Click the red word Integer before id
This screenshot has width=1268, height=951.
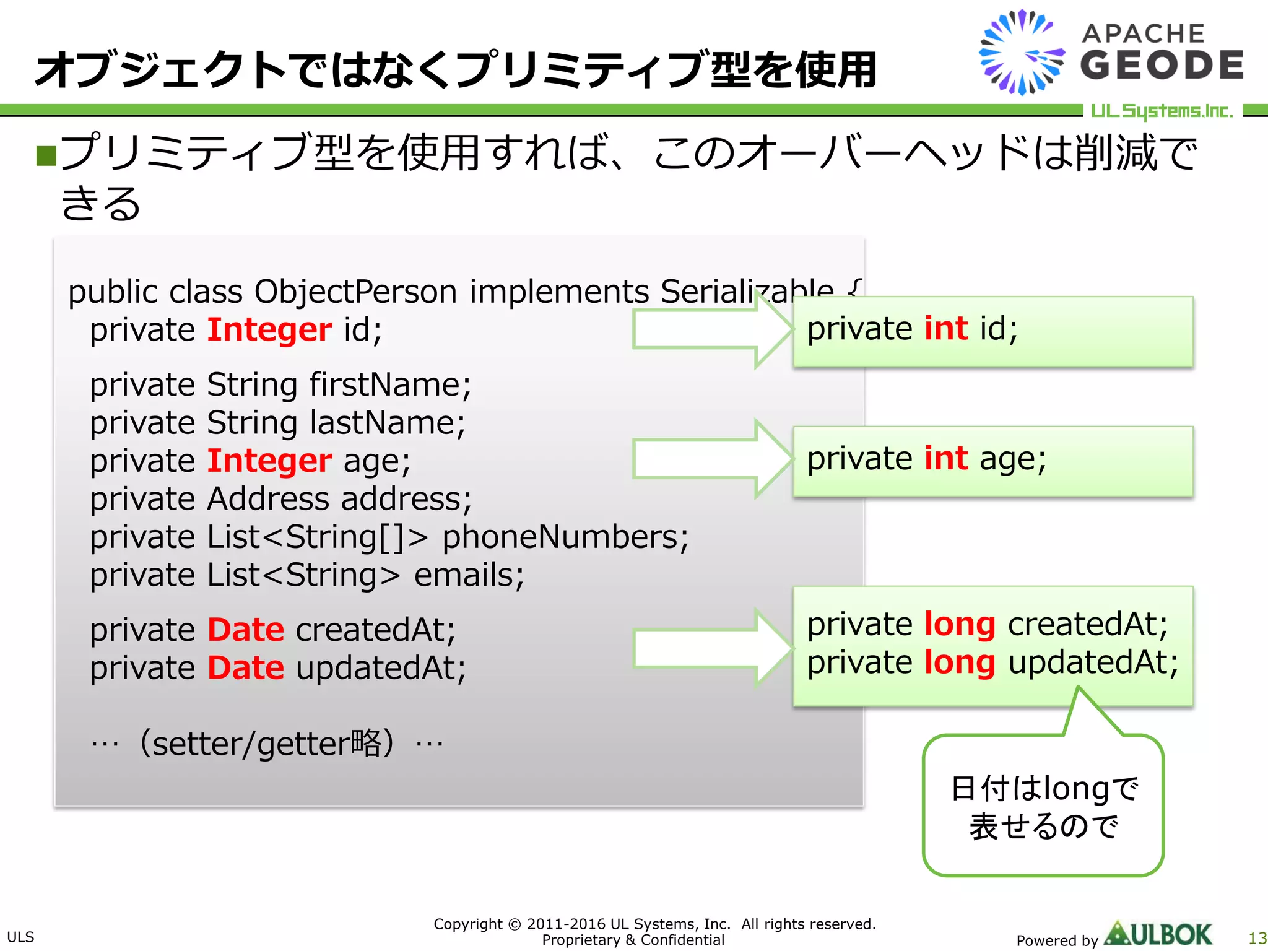tap(269, 329)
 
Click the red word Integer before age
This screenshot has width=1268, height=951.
tap(269, 461)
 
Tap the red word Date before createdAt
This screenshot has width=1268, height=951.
tap(246, 630)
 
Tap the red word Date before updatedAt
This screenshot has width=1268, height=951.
tap(246, 668)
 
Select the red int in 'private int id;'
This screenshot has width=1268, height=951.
tap(946, 328)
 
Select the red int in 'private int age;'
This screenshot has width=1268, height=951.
tap(946, 459)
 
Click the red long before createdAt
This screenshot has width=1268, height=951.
tap(960, 624)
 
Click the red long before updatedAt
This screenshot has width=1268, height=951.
tap(960, 662)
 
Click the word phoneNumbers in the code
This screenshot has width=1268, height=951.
tap(565, 537)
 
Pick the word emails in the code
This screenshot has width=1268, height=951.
tap(468, 575)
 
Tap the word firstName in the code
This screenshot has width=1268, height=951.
tap(389, 384)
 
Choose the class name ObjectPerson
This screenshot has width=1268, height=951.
tap(355, 292)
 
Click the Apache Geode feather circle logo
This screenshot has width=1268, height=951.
tap(1022, 53)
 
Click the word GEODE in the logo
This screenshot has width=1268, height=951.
tap(1162, 66)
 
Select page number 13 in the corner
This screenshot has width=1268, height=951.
tap(1257, 938)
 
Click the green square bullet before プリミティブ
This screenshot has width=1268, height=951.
tap(46, 156)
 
